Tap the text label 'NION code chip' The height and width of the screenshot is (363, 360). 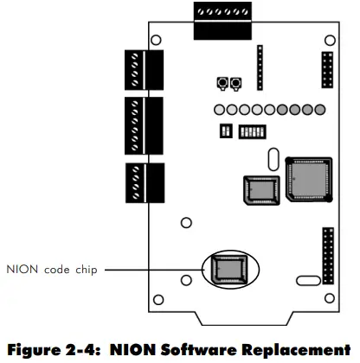(x=52, y=269)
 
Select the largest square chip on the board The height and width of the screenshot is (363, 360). (x=307, y=179)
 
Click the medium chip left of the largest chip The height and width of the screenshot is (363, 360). (x=259, y=190)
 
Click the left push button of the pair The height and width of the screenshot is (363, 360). (x=222, y=83)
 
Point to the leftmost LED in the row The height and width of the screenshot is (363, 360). (x=220, y=111)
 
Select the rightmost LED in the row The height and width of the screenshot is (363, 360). (x=319, y=111)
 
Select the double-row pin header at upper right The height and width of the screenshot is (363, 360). (x=326, y=69)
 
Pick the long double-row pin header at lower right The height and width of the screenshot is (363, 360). (x=327, y=255)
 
